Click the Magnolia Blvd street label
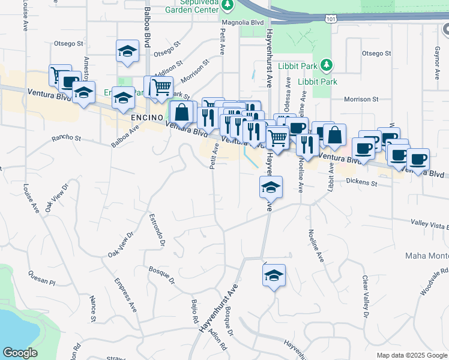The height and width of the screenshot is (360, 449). point(243,23)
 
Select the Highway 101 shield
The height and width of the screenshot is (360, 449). point(332,19)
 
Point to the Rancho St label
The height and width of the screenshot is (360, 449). point(66,138)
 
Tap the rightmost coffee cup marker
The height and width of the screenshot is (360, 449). point(418,160)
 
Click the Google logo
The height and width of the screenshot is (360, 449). point(20,353)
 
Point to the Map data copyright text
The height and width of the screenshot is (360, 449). point(411,355)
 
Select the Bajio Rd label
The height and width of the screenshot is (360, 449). point(194,312)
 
